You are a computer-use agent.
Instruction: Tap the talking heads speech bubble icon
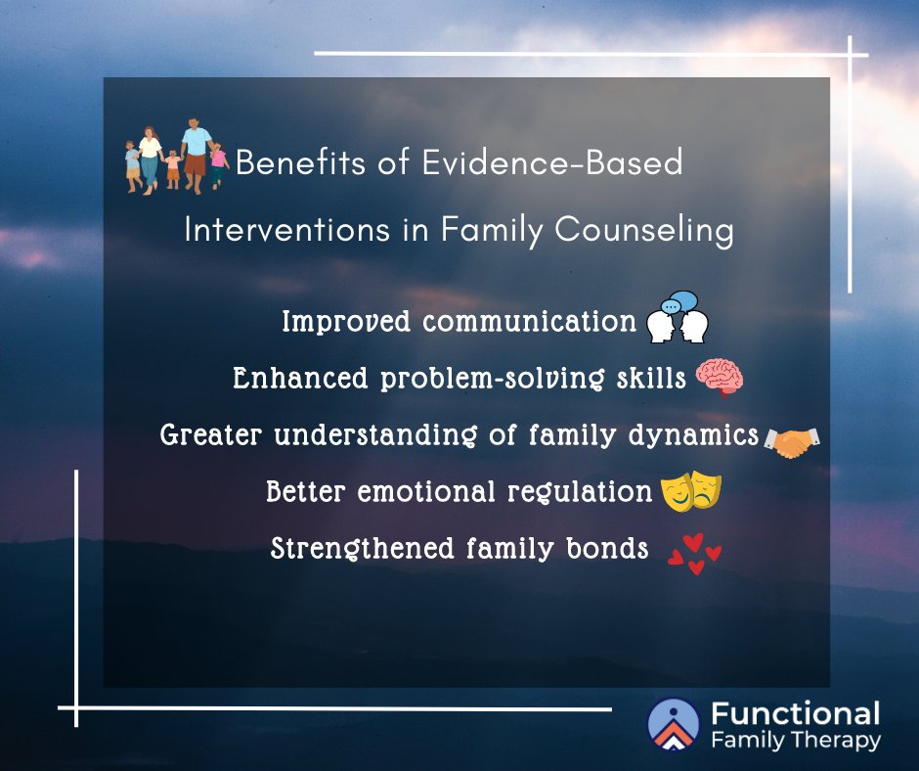point(677,318)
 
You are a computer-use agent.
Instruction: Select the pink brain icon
point(720,378)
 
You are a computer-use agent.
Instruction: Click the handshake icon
point(791,441)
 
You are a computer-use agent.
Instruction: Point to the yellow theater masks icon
point(690,492)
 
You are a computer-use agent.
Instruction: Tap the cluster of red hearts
point(693,554)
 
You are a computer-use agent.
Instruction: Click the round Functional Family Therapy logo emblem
point(674,724)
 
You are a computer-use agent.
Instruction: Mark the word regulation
point(580,492)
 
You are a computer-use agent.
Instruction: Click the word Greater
point(212,434)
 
